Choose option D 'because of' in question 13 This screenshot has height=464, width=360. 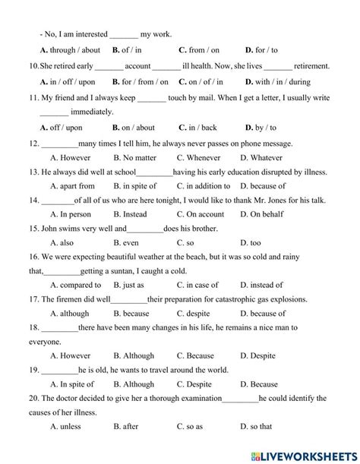(261, 185)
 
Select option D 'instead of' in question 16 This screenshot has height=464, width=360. (261, 285)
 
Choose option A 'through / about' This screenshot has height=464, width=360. (61, 50)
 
